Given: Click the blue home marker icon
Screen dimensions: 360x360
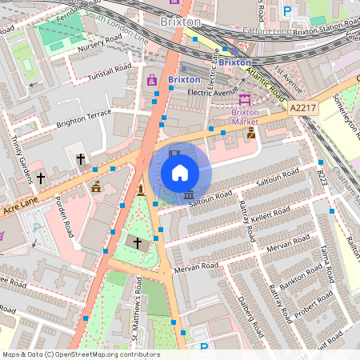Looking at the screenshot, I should pos(180,173).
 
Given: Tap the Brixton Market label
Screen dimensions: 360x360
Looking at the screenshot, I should pos(244,118).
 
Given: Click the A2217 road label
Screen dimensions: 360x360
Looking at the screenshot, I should pos(303,107).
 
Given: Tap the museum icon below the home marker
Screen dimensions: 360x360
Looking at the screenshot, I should pos(188,194).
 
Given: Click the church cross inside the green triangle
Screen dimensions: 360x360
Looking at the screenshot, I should pos(137,242).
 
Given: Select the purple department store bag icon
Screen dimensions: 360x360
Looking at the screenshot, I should pos(151,80).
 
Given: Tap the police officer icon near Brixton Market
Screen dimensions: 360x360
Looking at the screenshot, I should pos(251,133).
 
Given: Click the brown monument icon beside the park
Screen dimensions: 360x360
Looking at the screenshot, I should pos(141,190).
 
